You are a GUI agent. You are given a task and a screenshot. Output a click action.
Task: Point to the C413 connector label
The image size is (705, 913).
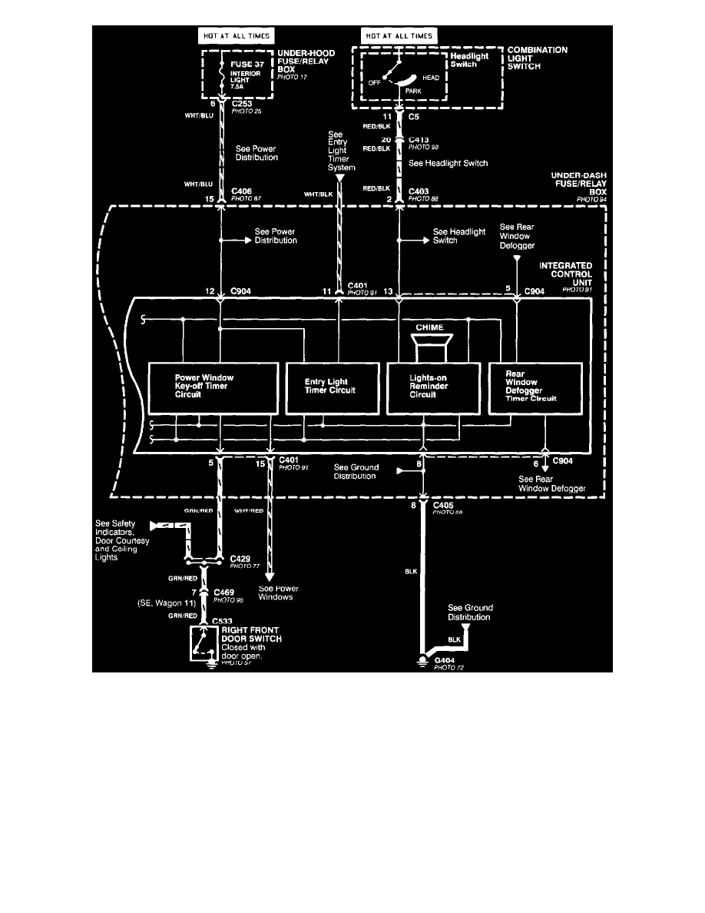click(421, 141)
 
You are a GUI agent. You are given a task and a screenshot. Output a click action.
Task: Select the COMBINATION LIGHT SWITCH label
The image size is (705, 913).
click(538, 58)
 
